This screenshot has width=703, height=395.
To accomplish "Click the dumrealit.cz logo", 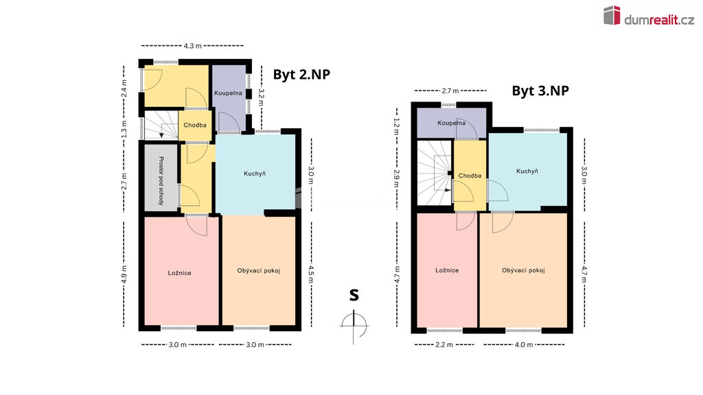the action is pos(648,16).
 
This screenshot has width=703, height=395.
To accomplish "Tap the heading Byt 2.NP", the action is pos(301,74).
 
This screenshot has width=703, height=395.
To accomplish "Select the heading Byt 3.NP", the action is pos(540,91).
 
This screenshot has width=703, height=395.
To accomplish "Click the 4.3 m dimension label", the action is pos(192,46).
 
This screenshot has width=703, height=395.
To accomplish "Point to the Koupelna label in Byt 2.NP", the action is pos(228,93).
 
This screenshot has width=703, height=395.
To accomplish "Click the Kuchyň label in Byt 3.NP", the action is pos(527,171).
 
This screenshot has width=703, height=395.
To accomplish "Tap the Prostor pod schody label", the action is pos(161,181).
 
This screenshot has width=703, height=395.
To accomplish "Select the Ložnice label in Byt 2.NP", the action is pos(179,273).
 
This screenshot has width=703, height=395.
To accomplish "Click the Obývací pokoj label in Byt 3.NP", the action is pos(523,270).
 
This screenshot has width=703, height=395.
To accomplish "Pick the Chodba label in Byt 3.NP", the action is pos(470,176).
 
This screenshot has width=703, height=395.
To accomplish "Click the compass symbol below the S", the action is pos(354,326).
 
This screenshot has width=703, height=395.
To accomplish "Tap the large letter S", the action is pos(354,295).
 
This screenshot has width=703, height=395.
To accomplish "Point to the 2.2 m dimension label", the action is pos(444,345).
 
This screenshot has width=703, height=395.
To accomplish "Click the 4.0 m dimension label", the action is pos(524,345).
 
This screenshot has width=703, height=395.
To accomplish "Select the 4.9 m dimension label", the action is pos(124,274).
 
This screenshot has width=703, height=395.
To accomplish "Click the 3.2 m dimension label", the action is pos(262,97).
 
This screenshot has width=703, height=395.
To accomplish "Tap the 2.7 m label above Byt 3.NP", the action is pos(450,91).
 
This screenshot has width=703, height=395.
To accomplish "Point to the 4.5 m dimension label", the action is pos(311,274).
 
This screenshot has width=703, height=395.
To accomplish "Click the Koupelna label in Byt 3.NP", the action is pos(452,123).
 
